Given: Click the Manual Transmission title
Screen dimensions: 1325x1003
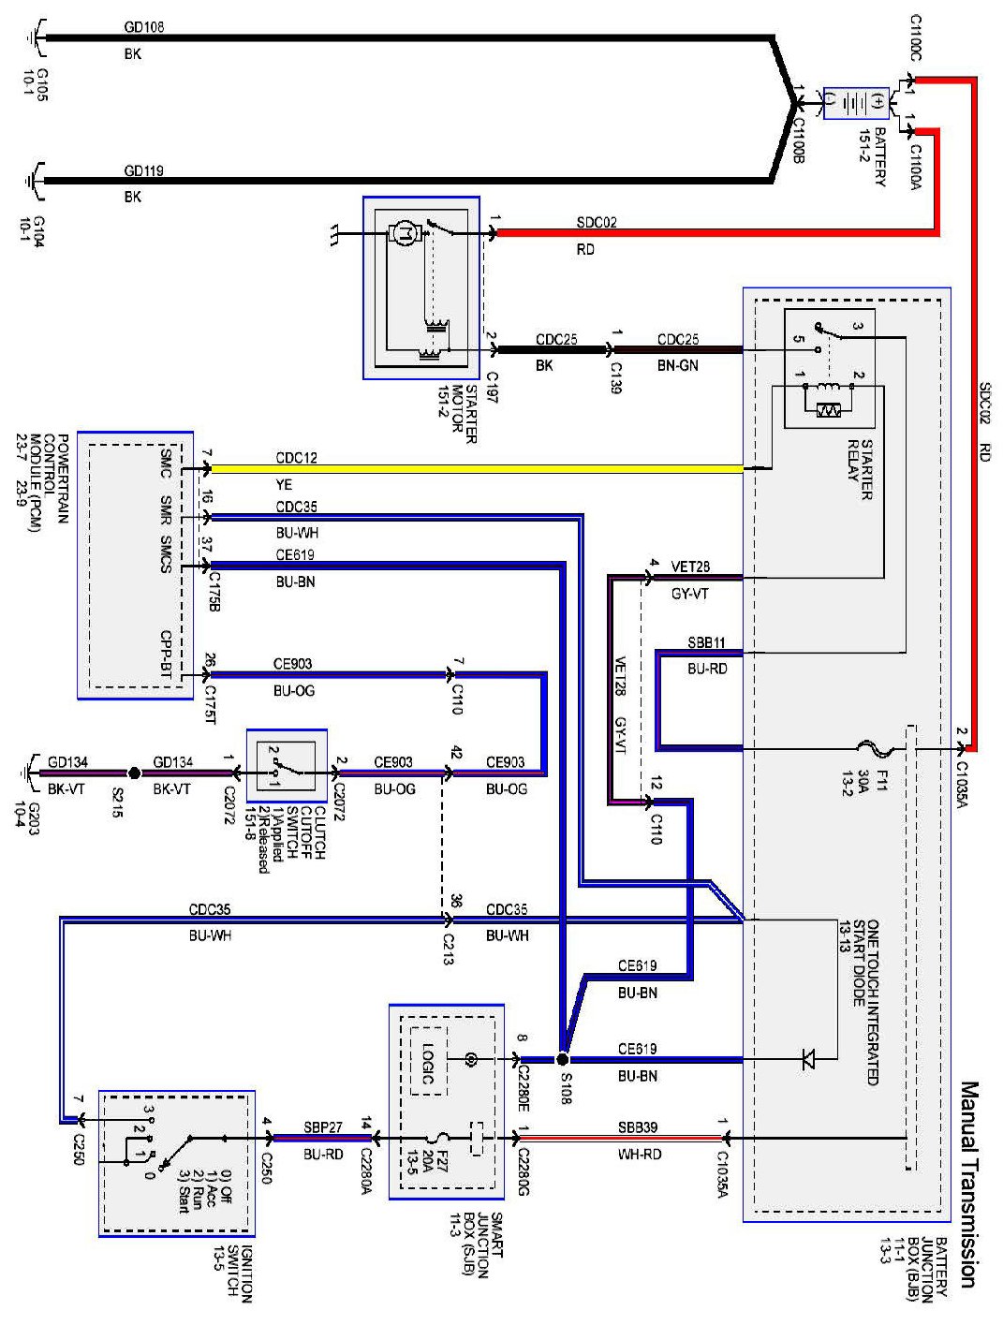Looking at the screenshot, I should (x=970, y=1185).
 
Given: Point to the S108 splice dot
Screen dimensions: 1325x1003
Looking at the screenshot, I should (x=563, y=1059).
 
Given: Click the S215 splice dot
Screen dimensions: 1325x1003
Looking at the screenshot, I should (x=134, y=773).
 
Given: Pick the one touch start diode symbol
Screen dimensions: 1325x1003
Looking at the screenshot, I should (x=807, y=1060).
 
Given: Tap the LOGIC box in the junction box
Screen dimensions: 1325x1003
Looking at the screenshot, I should (x=428, y=1064).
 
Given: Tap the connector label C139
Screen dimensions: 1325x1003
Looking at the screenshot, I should (x=615, y=375).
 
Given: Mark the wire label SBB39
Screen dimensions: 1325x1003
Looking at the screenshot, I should (x=638, y=1127).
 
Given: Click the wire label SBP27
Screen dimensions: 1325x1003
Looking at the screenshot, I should (x=323, y=1127).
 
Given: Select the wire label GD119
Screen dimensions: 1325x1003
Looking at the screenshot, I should (x=144, y=171).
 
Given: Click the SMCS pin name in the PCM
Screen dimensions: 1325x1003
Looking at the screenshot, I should (x=165, y=554).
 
